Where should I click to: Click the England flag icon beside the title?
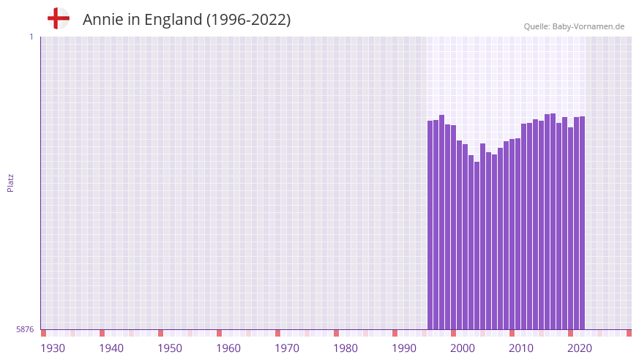pyautogui.click(x=59, y=18)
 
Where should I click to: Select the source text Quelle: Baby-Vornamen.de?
pyautogui.click(x=574, y=26)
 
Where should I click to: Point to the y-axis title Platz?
pyautogui.click(x=10, y=182)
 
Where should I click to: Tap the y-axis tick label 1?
pyautogui.click(x=31, y=37)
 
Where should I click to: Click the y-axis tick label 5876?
pyautogui.click(x=25, y=330)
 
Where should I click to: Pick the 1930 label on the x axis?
pyautogui.click(x=53, y=348)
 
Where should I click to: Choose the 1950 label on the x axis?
pyautogui.click(x=170, y=348)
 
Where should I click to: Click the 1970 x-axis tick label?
pyautogui.click(x=287, y=348)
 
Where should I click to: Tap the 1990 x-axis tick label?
pyautogui.click(x=404, y=348)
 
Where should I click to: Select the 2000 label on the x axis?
pyautogui.click(x=463, y=348)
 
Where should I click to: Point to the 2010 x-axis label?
pyautogui.click(x=521, y=348)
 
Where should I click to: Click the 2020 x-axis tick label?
pyautogui.click(x=580, y=348)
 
